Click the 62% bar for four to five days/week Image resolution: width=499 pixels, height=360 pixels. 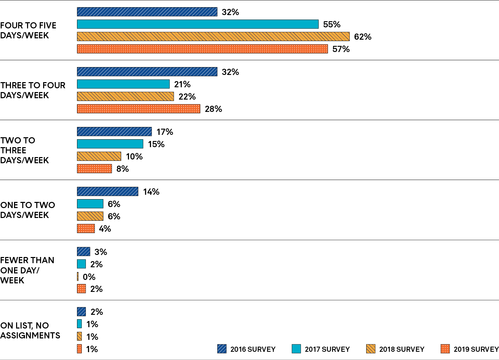click(213, 37)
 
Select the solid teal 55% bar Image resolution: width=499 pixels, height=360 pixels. click(197, 24)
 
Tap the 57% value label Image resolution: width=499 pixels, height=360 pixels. click(341, 49)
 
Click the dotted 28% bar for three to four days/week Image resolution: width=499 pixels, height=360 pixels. click(139, 109)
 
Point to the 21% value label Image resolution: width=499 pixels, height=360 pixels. click(182, 85)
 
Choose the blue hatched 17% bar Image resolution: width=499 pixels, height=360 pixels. click(114, 132)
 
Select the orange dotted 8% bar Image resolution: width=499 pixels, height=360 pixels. click(94, 169)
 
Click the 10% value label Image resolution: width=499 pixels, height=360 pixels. click(134, 157)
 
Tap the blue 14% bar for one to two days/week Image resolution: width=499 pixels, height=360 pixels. click(107, 192)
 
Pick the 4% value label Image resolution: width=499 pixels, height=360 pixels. click(105, 229)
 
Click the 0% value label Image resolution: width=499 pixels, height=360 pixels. click(89, 277)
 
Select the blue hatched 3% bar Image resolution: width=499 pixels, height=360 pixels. click(84, 252)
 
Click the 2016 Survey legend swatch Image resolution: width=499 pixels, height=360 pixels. click(222, 349)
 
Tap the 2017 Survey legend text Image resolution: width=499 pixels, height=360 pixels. click(327, 349)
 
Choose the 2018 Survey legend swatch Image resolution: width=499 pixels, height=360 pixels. click(371, 349)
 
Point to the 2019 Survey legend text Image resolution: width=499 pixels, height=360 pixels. click(476, 349)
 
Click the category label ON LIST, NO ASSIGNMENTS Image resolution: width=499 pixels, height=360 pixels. click(30, 331)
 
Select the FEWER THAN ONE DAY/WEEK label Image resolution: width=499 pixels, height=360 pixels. click(27, 270)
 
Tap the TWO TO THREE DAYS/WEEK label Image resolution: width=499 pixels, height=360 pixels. click(24, 150)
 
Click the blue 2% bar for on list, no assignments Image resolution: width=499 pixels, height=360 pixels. click(81, 312)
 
